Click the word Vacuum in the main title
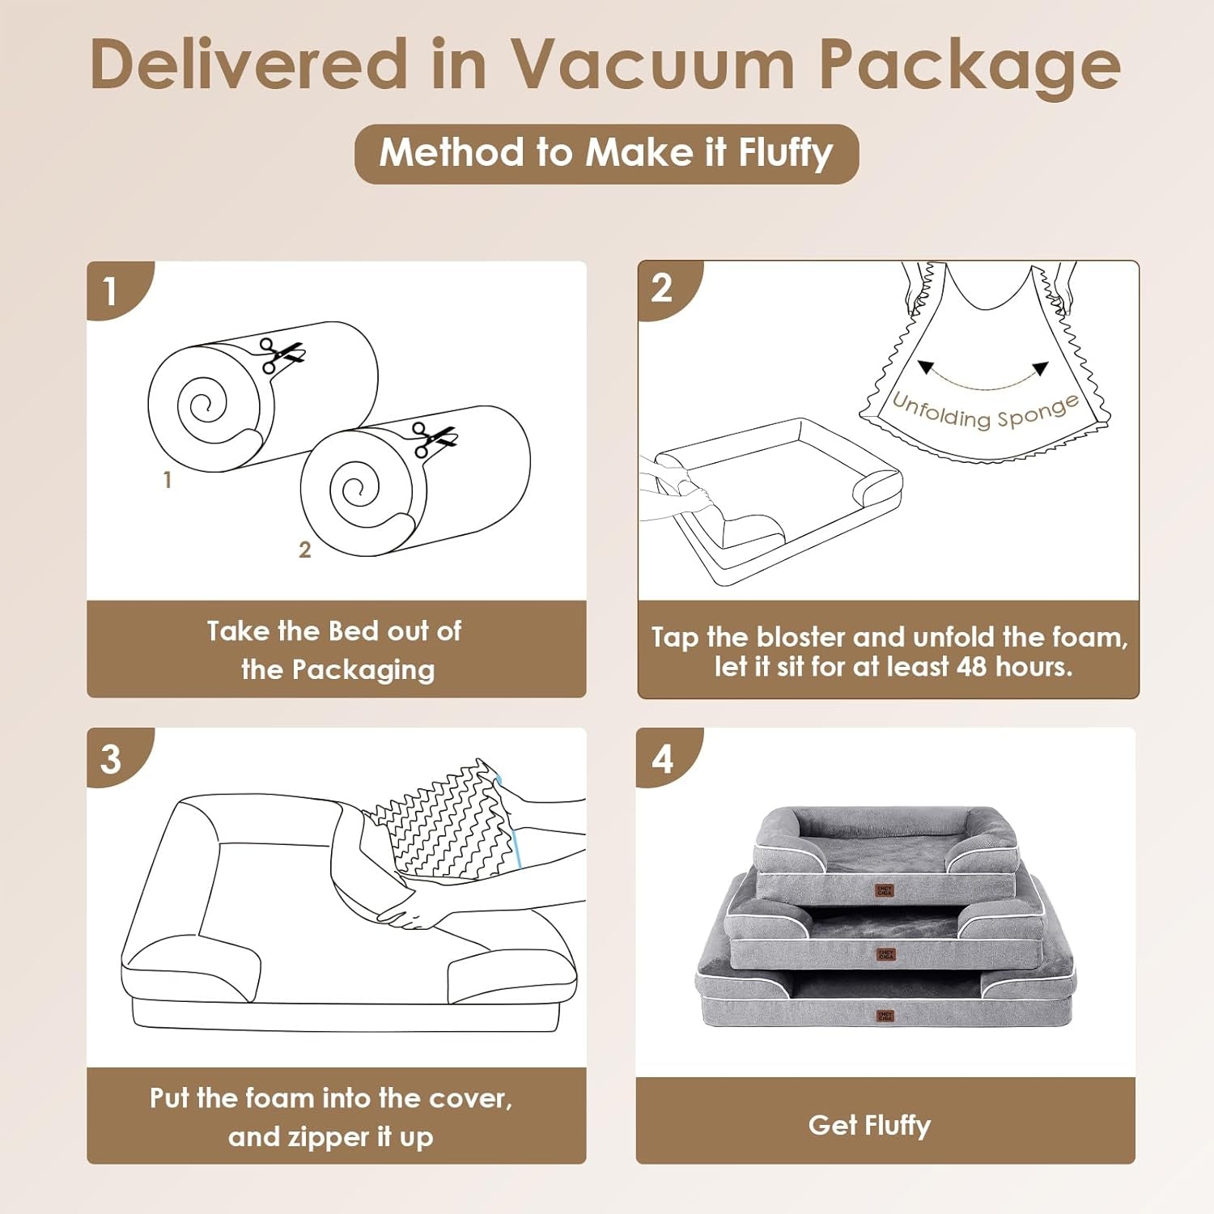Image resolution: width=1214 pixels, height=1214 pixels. [652, 65]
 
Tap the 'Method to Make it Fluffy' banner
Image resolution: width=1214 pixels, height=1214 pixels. [606, 153]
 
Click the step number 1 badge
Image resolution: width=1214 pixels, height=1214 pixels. [111, 291]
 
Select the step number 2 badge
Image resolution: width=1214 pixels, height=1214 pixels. [661, 288]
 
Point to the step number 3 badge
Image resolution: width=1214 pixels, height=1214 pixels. [111, 759]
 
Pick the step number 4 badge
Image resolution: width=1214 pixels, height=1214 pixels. [662, 759]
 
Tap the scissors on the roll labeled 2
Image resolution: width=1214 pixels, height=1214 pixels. [433, 438]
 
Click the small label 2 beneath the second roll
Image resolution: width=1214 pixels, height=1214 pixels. [304, 550]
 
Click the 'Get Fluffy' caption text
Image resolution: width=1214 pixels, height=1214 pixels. [869, 1125]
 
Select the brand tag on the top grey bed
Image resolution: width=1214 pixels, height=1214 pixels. [885, 890]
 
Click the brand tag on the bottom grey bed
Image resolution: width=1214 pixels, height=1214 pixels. [885, 1015]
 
